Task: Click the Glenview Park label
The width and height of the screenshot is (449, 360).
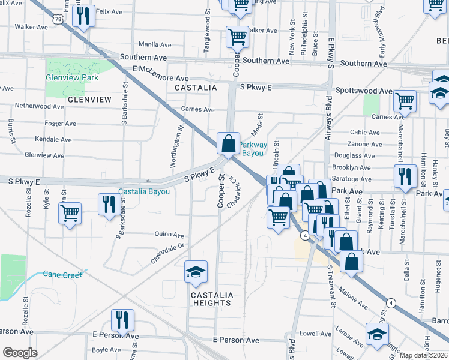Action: coord(72,78)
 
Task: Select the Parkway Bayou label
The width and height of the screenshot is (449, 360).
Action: coord(252,149)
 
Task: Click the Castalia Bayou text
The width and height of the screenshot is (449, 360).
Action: coord(144,192)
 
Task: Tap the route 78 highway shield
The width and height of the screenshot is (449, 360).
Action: coord(57,19)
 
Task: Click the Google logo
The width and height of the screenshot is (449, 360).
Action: coord(20,353)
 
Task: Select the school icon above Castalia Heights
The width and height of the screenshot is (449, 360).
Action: coord(196,274)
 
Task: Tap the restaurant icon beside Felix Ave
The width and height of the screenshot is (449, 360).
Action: coord(83,15)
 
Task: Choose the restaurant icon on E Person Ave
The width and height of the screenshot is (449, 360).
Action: coord(122,322)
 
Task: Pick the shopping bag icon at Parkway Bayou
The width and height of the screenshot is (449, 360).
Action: coord(228,145)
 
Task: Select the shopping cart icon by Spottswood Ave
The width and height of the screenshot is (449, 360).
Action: coord(405,102)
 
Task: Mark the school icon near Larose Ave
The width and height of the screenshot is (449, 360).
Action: coord(377,335)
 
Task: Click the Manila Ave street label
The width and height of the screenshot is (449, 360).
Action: coord(155,44)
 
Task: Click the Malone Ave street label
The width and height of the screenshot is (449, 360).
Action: coord(353,298)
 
